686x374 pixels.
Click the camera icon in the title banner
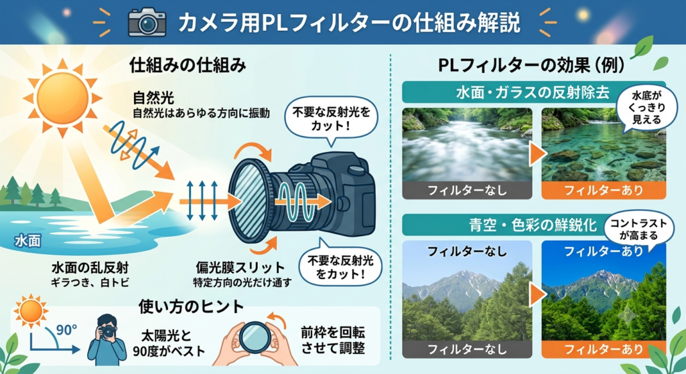pyautogui.click(x=147, y=22)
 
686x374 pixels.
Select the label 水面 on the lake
pyautogui.click(x=27, y=241)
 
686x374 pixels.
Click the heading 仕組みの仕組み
pyautogui.click(x=188, y=66)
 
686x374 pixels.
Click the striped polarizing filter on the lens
pyautogui.click(x=247, y=201)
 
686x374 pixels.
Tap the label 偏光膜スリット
pyautogui.click(x=241, y=267)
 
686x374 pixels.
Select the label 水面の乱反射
pyautogui.click(x=90, y=268)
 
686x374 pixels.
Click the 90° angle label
pyautogui.click(x=66, y=329)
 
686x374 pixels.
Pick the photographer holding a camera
pyautogui.click(x=107, y=339)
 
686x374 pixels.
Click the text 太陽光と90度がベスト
pyautogui.click(x=168, y=343)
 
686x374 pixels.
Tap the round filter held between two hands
pyautogui.click(x=255, y=337)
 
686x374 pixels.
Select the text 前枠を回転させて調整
pyautogui.click(x=333, y=341)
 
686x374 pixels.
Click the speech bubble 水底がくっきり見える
pyautogui.click(x=646, y=107)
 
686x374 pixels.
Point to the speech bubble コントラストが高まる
pyautogui.click(x=638, y=229)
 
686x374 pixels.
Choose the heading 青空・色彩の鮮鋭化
pyautogui.click(x=533, y=225)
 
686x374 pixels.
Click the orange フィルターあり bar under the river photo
pyautogui.click(x=604, y=190)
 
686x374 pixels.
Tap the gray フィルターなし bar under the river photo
pyautogui.click(x=467, y=190)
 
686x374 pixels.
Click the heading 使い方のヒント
pyautogui.click(x=191, y=306)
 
